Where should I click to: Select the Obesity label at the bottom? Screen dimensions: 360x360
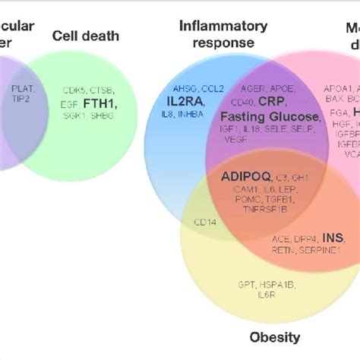tap(275, 337)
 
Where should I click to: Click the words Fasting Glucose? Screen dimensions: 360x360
tap(270, 116)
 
